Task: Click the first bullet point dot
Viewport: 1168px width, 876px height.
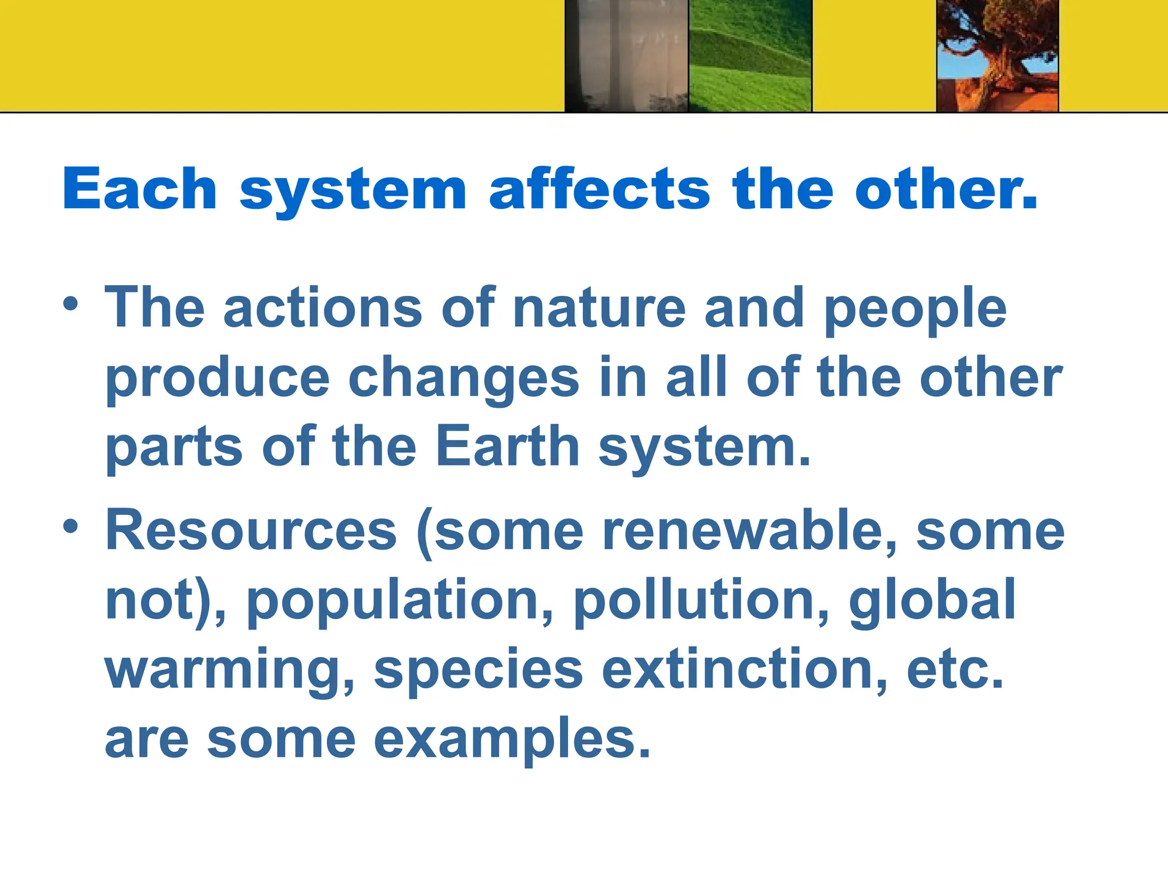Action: pyautogui.click(x=70, y=303)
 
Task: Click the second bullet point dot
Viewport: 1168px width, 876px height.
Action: pyautogui.click(x=70, y=526)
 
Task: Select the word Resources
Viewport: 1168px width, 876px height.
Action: pyautogui.click(x=251, y=530)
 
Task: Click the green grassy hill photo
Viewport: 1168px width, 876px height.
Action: pyautogui.click(x=750, y=55)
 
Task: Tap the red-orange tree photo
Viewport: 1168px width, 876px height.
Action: pyautogui.click(x=997, y=55)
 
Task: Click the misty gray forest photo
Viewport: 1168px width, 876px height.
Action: pyautogui.click(x=626, y=55)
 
